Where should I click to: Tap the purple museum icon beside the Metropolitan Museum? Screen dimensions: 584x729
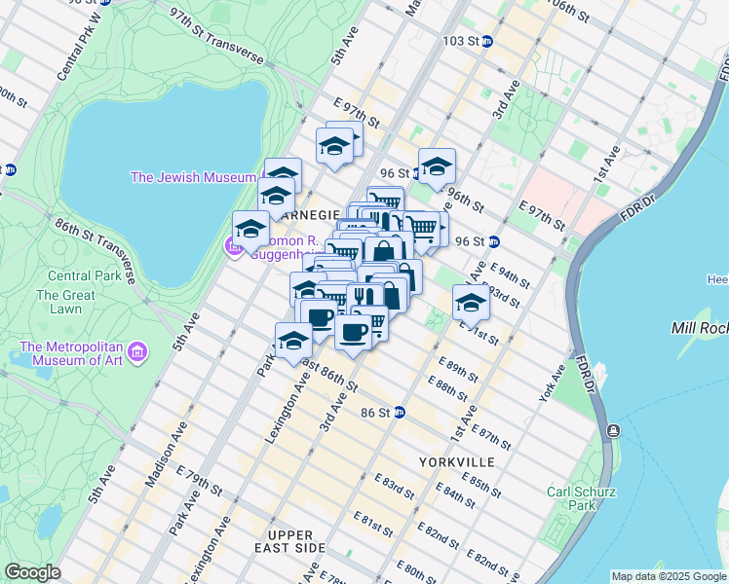[138, 350]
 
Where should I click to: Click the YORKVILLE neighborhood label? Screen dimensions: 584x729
[457, 461]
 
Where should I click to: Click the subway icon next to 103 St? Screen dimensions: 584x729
[487, 42]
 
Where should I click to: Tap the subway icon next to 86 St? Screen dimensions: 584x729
[400, 413]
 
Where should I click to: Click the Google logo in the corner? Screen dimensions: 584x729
[32, 572]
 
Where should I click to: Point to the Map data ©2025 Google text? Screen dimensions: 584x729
[669, 576]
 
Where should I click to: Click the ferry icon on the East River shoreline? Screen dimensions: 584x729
[612, 431]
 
